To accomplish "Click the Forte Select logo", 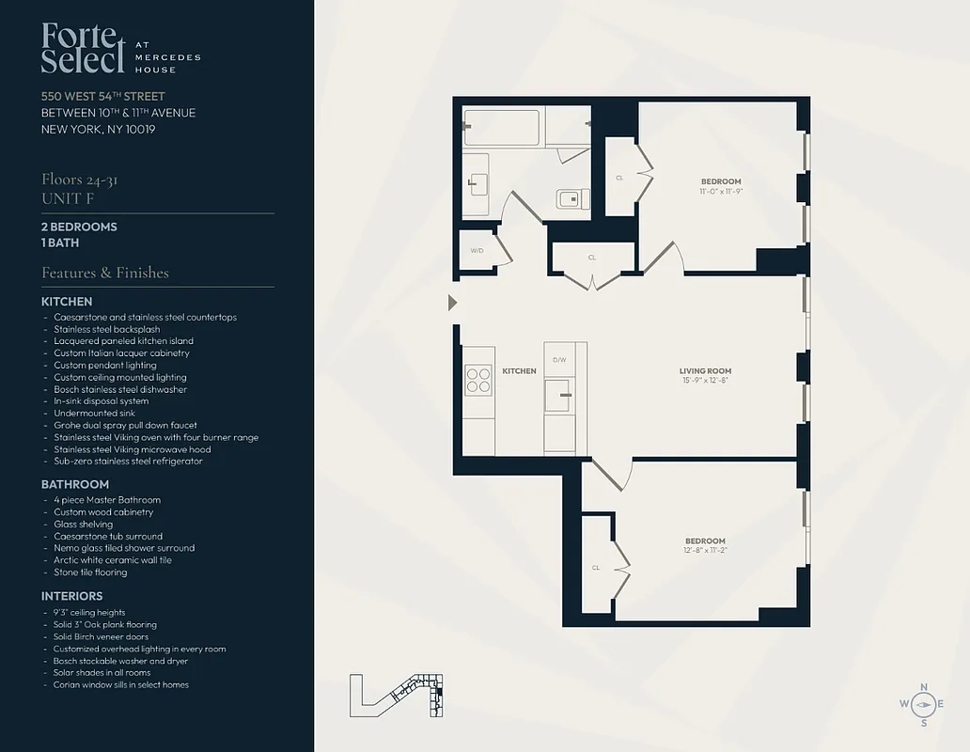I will (83, 49).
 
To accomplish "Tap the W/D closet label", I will (477, 251).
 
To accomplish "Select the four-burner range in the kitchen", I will (478, 379).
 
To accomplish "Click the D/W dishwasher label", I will (559, 359).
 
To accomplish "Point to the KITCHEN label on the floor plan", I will (519, 371).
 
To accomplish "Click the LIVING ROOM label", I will (705, 371).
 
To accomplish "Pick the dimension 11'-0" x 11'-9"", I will (721, 191).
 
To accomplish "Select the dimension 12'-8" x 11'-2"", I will (705, 550).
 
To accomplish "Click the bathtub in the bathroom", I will (502, 128).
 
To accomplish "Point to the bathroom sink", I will (476, 181).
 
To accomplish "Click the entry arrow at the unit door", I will (452, 303).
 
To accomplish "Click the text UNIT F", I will (68, 198).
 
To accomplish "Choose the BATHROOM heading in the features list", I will (75, 484).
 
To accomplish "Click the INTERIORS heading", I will (72, 596).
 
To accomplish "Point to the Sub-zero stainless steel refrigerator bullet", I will (128, 461).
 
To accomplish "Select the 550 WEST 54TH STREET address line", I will (103, 96).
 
